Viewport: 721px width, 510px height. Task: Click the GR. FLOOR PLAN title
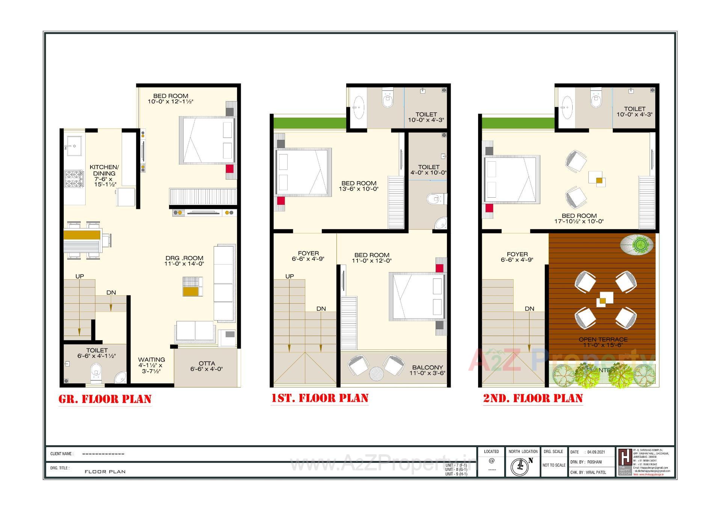pos(105,399)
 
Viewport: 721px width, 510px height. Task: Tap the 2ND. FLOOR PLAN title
pos(533,398)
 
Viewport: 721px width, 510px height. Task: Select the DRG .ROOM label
pos(184,258)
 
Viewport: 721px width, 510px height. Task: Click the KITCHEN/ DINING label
pos(104,170)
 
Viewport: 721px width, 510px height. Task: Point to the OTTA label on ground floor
pos(207,363)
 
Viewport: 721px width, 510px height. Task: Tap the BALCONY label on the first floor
pos(427,367)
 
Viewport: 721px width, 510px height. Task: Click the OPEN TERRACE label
pos(603,339)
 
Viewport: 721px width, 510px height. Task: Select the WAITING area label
pos(151,360)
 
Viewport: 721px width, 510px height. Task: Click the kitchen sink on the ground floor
pos(74,144)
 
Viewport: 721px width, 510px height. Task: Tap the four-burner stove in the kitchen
pos(74,179)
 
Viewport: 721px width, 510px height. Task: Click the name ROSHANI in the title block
pos(594,462)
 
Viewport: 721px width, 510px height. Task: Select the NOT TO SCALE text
pos(554,465)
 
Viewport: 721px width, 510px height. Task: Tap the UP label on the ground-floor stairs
pos(80,276)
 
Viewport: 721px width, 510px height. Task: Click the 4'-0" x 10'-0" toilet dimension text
pos(428,173)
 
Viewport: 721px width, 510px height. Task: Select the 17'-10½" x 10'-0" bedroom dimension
pos(579,221)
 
